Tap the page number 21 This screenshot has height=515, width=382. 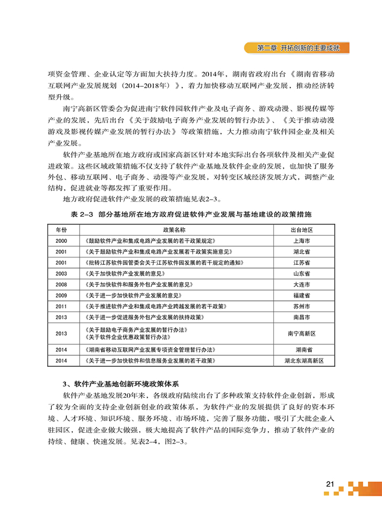click(329, 483)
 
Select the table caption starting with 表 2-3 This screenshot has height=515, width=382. click(190, 215)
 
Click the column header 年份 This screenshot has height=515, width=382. click(61, 230)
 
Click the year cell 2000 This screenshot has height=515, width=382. click(61, 241)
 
